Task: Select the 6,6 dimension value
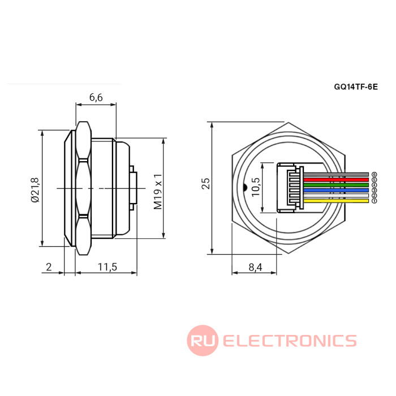pos(96,97)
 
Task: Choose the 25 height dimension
pos(206,183)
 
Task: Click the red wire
pos(337,179)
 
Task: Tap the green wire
pos(337,184)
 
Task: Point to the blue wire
pos(337,190)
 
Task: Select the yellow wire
pos(337,200)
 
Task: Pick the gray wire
pos(337,174)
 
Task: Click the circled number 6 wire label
pos(374,174)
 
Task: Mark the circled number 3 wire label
pos(374,190)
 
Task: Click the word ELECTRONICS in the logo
pos(290,341)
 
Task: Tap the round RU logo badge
pos(203,341)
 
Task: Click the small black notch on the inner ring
pos(243,187)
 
